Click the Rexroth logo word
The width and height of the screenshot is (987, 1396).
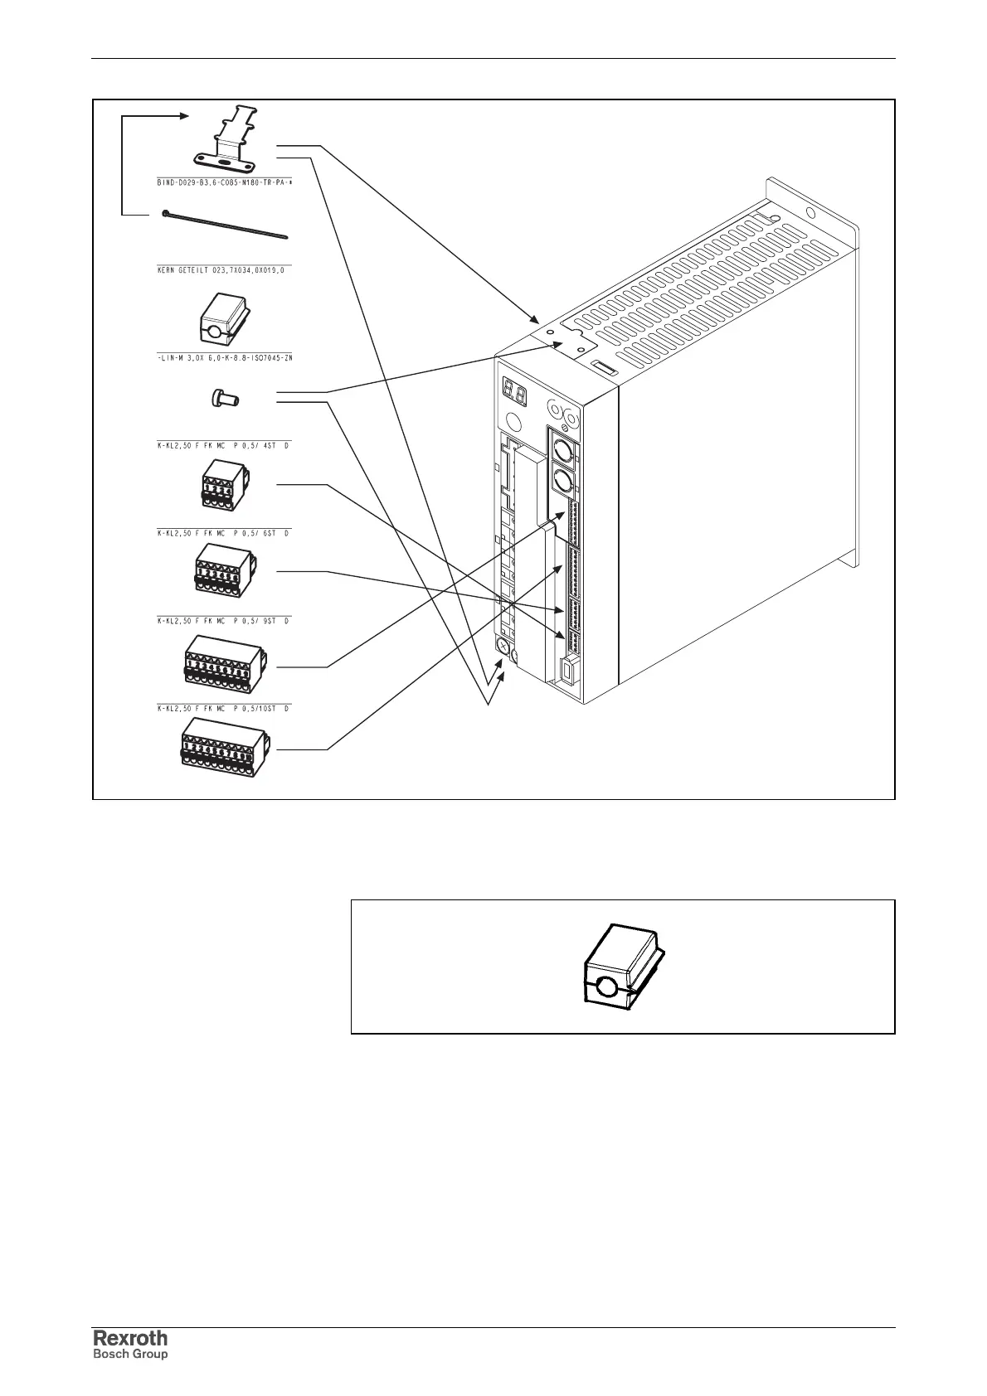tap(129, 1337)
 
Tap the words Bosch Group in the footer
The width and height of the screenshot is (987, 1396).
tap(129, 1354)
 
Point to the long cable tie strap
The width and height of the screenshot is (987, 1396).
tap(224, 225)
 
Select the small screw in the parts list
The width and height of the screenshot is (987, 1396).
tap(221, 399)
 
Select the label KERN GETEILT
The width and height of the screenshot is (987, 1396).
tap(225, 269)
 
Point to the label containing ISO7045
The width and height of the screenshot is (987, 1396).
tap(225, 358)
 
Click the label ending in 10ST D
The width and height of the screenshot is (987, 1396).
tap(224, 709)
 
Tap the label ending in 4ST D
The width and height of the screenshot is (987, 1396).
tap(224, 446)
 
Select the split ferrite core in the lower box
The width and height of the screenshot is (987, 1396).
tap(624, 967)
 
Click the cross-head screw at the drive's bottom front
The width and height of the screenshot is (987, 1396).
tap(503, 646)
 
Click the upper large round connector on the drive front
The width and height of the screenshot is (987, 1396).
tap(561, 450)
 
